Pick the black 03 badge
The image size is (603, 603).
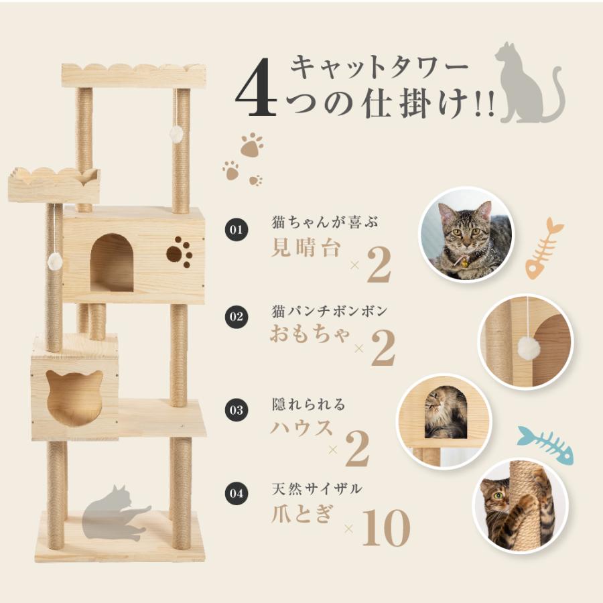pos(235,409)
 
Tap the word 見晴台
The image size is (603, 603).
pos(307,248)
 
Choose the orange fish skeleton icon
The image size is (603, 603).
pos(543,248)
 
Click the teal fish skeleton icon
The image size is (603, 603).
pos(545,444)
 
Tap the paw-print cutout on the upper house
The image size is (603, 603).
pos(179,252)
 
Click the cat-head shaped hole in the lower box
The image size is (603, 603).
pos(74,397)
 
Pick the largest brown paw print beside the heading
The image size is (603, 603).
pos(251,145)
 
